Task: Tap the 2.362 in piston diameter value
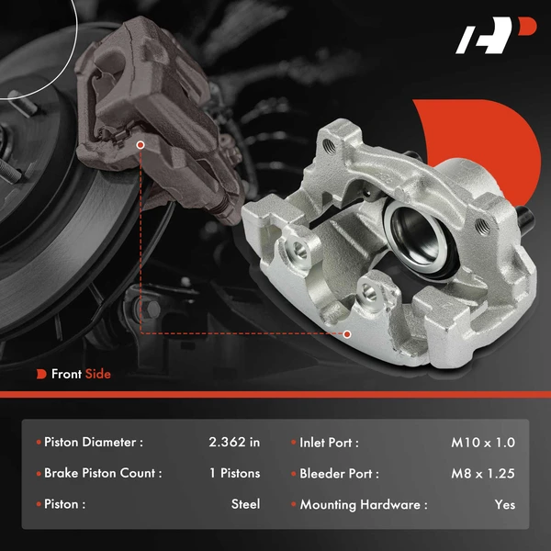click(234, 443)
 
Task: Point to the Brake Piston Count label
click(103, 474)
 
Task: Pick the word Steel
click(245, 504)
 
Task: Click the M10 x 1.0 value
click(484, 443)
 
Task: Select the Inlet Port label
click(329, 443)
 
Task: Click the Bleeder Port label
click(339, 474)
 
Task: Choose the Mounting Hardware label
click(363, 504)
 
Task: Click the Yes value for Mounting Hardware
click(504, 504)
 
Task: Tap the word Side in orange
click(97, 374)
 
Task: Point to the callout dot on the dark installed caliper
click(140, 144)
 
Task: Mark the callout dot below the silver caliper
click(347, 333)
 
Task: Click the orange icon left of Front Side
click(41, 374)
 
